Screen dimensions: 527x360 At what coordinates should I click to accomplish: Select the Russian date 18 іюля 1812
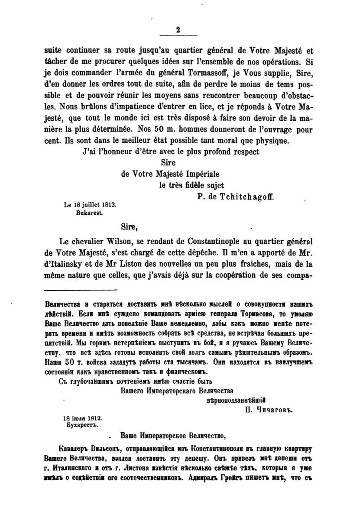tap(82, 419)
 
